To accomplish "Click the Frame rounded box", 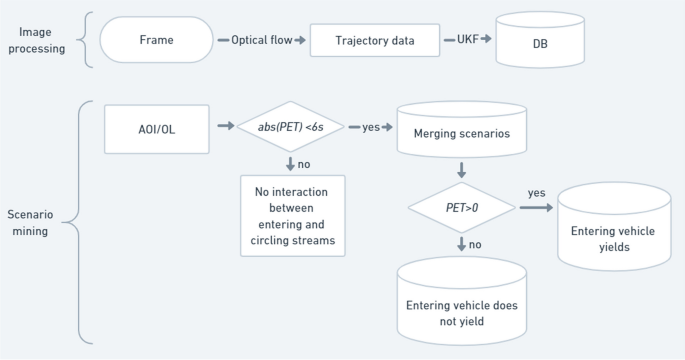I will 156,41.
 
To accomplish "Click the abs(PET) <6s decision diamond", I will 290,128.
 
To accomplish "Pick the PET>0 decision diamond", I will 461,207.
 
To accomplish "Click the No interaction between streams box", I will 292,215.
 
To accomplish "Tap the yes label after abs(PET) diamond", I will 370,128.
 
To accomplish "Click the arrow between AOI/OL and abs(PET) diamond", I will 221,128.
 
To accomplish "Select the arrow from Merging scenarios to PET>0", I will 461,169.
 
